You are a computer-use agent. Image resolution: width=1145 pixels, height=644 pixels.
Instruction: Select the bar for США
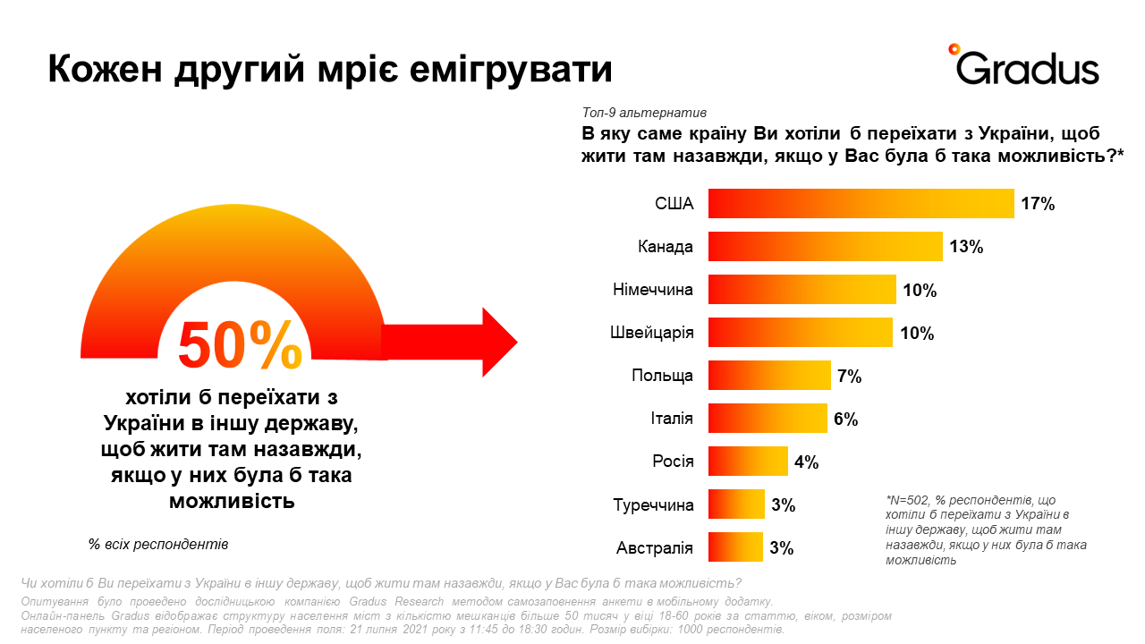[x=861, y=204]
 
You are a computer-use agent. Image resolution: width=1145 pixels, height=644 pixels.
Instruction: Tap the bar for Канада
[x=826, y=247]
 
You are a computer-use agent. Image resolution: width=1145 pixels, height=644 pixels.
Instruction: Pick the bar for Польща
[x=769, y=376]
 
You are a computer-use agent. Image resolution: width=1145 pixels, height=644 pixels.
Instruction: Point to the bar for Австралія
[x=736, y=547]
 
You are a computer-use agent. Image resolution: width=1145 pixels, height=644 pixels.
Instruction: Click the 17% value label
[x=1038, y=204]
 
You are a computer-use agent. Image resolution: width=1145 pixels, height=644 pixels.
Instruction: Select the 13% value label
[x=967, y=247]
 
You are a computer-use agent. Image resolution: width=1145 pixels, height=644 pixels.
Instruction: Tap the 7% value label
[x=849, y=377]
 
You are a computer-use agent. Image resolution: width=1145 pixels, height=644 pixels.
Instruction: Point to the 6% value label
[x=845, y=419]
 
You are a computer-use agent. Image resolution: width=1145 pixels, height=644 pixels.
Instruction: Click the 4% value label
[x=806, y=462]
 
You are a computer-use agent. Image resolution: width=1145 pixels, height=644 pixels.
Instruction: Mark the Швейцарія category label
[x=651, y=333]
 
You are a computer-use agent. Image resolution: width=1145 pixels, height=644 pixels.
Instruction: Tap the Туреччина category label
[x=653, y=505]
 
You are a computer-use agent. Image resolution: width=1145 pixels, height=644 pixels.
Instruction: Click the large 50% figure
[x=241, y=344]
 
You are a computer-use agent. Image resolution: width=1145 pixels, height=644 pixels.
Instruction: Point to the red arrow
[x=451, y=343]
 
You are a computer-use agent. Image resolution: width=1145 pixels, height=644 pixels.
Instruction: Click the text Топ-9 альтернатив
[x=644, y=114]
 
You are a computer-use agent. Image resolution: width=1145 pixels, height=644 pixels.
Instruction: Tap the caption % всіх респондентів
[x=158, y=544]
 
